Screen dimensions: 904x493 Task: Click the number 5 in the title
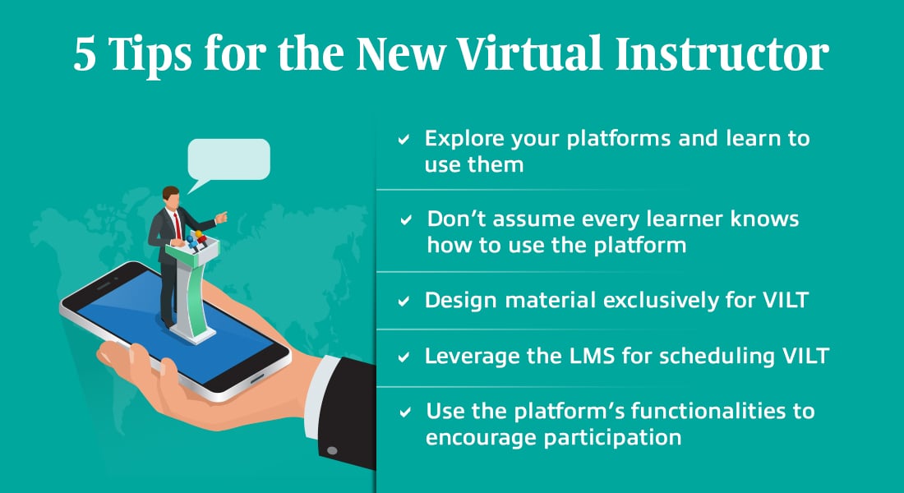[85, 55]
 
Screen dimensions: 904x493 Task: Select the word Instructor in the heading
[722, 53]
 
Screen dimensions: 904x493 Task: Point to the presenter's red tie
[178, 225]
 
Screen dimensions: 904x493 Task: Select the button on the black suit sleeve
[331, 450]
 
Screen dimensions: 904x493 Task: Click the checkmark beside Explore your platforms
[404, 139]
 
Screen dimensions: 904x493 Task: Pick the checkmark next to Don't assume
[407, 219]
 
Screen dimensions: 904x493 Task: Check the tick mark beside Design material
[404, 301]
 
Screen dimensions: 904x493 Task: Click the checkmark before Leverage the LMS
[404, 357]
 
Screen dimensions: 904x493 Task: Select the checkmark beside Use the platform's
[405, 412]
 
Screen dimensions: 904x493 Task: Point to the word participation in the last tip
[612, 438]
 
